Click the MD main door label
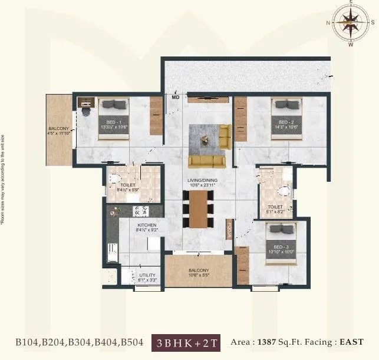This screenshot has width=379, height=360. click(175, 97)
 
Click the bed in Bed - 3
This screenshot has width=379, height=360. click(281, 241)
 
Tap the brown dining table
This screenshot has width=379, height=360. click(198, 209)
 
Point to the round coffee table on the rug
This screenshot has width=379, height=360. click(205, 139)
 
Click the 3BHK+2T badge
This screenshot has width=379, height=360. click(186, 342)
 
